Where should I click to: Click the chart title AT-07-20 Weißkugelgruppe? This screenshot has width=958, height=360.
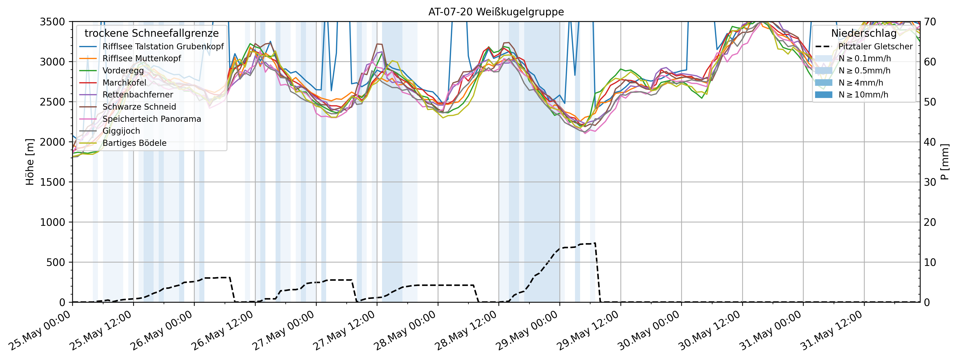pos(496,12)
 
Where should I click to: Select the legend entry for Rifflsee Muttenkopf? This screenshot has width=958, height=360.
pos(142,58)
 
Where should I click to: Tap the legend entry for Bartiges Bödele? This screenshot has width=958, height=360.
pos(134,143)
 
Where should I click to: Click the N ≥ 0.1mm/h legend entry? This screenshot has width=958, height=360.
pos(864,58)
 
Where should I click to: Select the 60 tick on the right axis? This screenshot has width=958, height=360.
pos(930,62)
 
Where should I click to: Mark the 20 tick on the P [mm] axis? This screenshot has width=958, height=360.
pos(930,222)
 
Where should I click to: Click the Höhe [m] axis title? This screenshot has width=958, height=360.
pos(30,162)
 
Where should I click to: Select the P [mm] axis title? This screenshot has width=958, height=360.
pos(945,162)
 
